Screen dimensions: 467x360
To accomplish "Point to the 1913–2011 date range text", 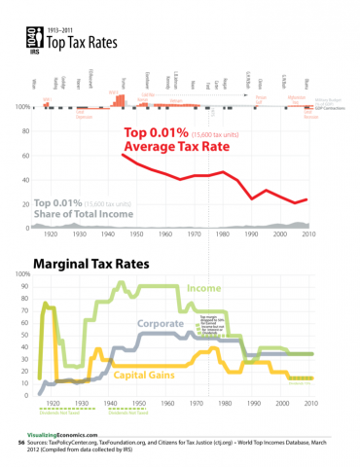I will coord(61,30).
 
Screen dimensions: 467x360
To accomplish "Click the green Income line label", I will coord(201,289).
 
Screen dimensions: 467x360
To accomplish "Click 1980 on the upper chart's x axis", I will coord(226,234).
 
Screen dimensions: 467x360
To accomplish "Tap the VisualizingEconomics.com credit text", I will coord(63,435).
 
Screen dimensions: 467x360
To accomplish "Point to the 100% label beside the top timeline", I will coord(23,106).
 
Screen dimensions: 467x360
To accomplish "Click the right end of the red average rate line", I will coord(307,199).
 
